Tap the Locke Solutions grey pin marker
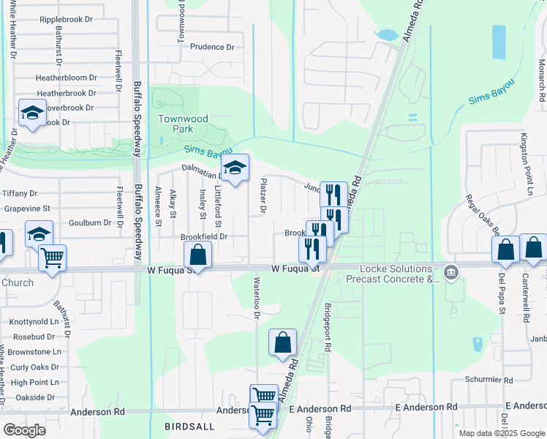coord(451,273)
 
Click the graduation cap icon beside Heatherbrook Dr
coord(31,113)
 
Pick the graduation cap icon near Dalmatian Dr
coord(235,168)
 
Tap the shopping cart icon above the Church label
coord(52,258)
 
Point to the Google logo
coord(24,430)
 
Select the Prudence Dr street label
coord(212,47)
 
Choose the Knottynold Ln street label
coord(34,321)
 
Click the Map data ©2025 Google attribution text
coord(501,433)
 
